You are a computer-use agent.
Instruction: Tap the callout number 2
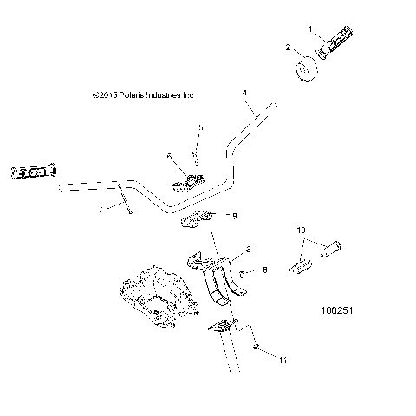[289, 49]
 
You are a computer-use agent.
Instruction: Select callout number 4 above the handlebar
[245, 92]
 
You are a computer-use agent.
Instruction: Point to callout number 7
[100, 209]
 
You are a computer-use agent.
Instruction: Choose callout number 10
[302, 231]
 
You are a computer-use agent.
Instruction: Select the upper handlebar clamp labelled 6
[190, 181]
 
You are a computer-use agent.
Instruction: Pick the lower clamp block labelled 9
[193, 221]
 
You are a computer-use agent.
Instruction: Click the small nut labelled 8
[243, 276]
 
